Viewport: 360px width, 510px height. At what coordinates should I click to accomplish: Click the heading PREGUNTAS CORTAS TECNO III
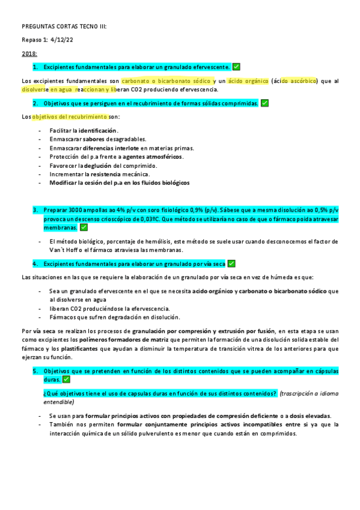pos(64,27)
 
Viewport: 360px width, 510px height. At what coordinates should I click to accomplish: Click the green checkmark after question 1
pos(236,67)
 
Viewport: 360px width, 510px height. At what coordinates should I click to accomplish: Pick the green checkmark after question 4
pos(232,263)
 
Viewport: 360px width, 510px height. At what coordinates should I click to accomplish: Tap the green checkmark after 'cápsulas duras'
pos(66,380)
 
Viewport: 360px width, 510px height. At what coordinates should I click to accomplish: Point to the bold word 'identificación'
pos(98,130)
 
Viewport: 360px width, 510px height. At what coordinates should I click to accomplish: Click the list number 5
pos(35,371)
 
